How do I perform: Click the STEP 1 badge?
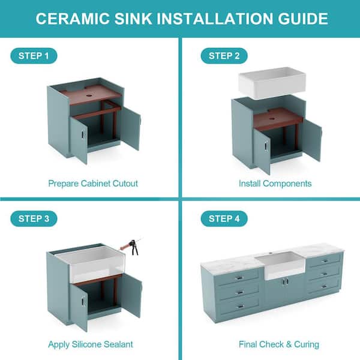34,56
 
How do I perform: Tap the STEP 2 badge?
224,56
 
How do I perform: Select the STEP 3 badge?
34,218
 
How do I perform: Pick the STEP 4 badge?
224,218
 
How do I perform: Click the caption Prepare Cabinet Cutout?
93,184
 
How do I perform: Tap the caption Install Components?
275,184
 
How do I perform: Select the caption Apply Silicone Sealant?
91,344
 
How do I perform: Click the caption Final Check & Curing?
279,344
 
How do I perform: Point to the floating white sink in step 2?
272,83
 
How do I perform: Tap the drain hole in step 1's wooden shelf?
89,95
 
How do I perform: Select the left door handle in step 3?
83,301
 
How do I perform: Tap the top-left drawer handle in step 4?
239,278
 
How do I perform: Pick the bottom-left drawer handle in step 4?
241,307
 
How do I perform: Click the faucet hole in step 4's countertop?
271,253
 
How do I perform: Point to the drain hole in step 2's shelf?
272,119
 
